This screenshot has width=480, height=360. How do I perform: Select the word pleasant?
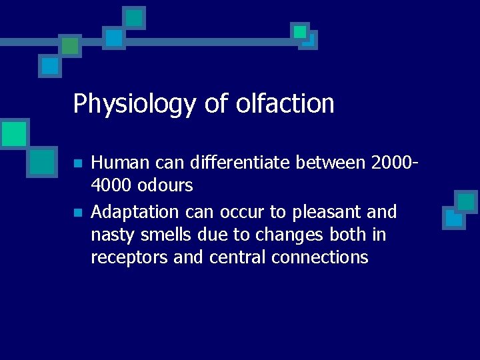point(323,213)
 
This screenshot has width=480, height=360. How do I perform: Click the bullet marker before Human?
point(77,163)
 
